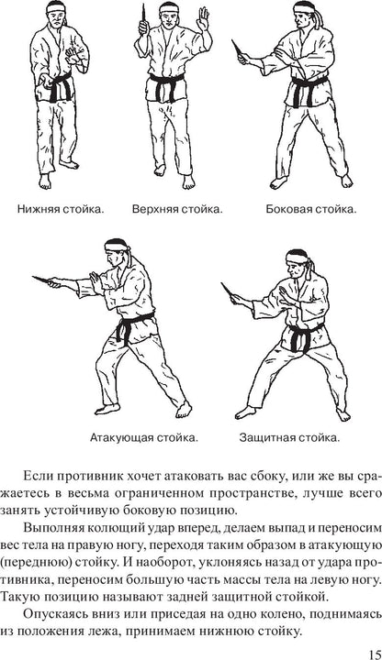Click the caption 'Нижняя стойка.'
[62, 209]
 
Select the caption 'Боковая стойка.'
[311, 209]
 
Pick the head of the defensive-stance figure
[298, 266]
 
